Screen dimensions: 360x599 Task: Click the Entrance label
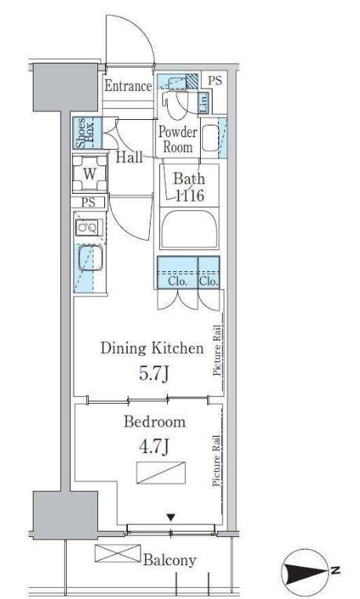(128, 86)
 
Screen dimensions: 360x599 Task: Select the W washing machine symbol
(89, 174)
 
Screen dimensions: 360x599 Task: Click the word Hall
(129, 157)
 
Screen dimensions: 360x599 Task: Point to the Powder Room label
(178, 140)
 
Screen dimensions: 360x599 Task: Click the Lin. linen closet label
(204, 103)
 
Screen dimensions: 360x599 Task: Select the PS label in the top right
(215, 81)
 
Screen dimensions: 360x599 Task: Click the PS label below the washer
(89, 202)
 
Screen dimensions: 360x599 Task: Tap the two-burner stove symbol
(89, 227)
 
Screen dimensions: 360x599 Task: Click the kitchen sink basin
(90, 258)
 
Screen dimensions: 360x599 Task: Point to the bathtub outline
(189, 229)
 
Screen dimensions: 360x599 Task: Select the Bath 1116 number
(190, 196)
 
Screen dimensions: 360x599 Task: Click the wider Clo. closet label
(178, 281)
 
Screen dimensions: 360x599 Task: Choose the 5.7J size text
(154, 374)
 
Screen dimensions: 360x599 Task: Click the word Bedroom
(155, 422)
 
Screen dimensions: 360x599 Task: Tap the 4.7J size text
(154, 446)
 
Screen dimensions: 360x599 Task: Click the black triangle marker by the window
(171, 517)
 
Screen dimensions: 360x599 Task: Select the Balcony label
(169, 561)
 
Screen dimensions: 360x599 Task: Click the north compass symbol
(306, 572)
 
